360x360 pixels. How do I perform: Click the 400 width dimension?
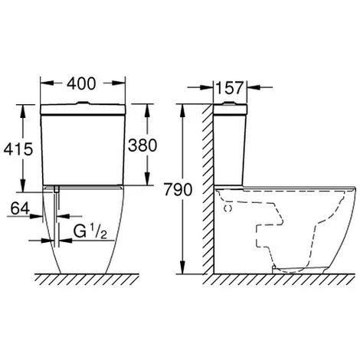[81, 83]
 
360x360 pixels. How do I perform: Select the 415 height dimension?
[18, 149]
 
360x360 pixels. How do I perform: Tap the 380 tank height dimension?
[142, 146]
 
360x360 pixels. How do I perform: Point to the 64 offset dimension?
[20, 209]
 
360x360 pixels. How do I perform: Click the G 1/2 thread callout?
[90, 231]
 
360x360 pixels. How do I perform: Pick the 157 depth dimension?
[229, 88]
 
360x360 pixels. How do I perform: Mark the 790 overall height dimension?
[178, 190]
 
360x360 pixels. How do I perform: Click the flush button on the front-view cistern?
[83, 103]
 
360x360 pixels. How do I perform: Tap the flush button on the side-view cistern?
[230, 103]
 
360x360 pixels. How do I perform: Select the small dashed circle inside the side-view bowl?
[228, 208]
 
